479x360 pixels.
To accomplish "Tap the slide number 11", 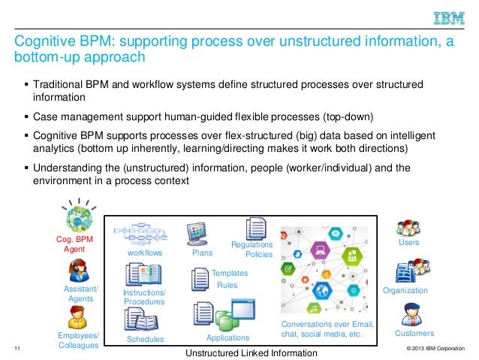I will pyautogui.click(x=17, y=348).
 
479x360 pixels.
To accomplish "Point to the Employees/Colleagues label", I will pyautogui.click(x=78, y=340).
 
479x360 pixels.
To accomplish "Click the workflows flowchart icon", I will pyautogui.click(x=144, y=234).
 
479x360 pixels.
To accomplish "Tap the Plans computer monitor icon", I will pyautogui.click(x=197, y=234).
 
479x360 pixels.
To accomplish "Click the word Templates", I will pyautogui.click(x=230, y=274).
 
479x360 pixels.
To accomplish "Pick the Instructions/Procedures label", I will pyautogui.click(x=144, y=296).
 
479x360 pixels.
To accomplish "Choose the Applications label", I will pyautogui.click(x=227, y=338).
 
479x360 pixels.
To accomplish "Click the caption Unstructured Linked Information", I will pyautogui.click(x=251, y=352).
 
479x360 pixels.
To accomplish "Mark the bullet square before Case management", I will pyautogui.click(x=26, y=117).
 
